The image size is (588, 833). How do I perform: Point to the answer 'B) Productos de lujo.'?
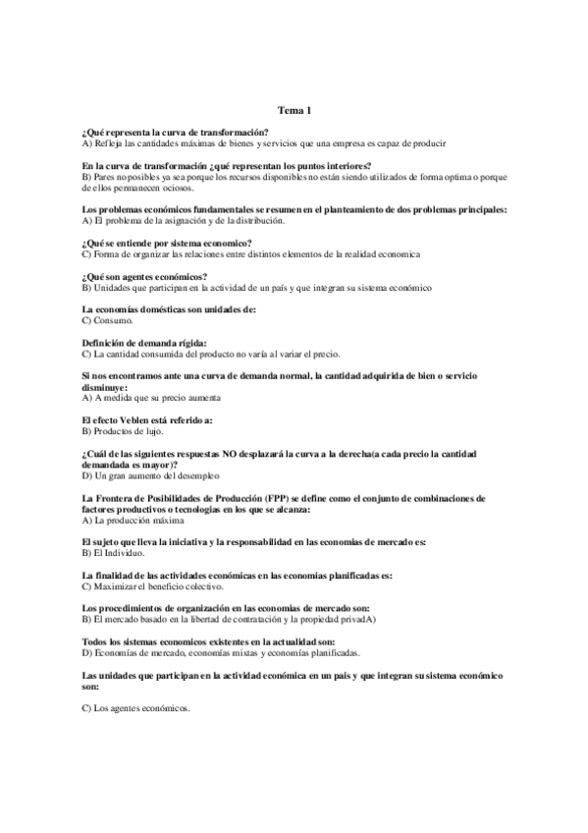point(123,430)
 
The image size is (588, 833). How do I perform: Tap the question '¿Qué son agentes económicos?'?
point(150,277)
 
